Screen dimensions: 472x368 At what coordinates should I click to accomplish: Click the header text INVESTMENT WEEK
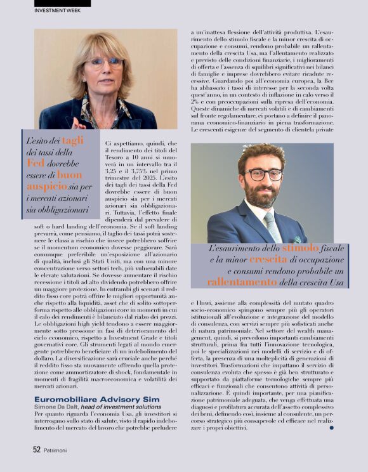tap(57, 11)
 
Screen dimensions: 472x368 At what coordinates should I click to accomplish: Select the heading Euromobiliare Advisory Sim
tap(88, 398)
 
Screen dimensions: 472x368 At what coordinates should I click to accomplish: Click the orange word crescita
tap(268, 259)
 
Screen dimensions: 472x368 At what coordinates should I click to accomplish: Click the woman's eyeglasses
tap(105, 63)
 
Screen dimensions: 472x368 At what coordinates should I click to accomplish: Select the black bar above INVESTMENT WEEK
tap(62, 3)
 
